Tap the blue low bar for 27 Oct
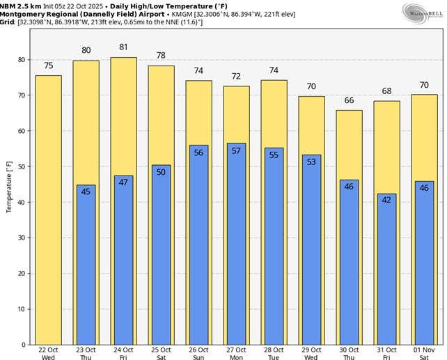click(236, 251)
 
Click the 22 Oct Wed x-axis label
click(48, 353)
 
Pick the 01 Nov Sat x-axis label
click(425, 353)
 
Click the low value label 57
click(236, 150)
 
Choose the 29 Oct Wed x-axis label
click(311, 353)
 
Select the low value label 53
click(311, 162)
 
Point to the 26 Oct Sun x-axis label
click(198, 353)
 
